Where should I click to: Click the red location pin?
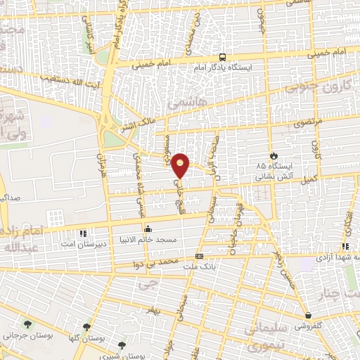(x=181, y=165)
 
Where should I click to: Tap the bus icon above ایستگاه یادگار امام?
(x=222, y=57)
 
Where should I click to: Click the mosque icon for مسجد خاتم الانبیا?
(x=148, y=229)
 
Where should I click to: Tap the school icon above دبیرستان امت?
(x=84, y=233)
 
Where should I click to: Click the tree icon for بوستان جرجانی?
(x=27, y=324)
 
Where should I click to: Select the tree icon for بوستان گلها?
(x=86, y=327)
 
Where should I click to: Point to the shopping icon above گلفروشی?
(x=309, y=315)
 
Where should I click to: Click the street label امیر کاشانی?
(x=91, y=35)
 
